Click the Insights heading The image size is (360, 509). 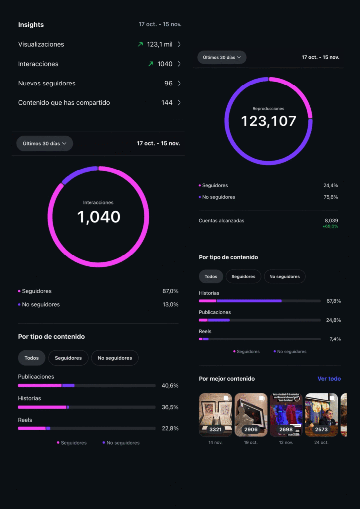point(31,25)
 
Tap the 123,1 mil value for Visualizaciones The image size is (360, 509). point(160,44)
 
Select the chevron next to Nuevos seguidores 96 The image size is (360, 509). point(179,84)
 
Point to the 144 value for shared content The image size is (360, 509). point(167,103)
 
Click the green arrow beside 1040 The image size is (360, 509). point(151,64)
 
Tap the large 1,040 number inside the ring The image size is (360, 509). point(98,217)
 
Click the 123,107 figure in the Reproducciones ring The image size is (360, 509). point(269,121)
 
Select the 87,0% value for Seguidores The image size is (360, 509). point(170,291)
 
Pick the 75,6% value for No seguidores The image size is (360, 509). point(330,197)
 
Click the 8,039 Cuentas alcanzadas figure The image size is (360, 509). point(331,220)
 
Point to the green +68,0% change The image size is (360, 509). point(330,226)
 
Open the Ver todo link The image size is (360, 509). point(329,379)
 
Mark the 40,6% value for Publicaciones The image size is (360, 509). point(170,385)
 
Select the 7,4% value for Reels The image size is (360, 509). point(335,339)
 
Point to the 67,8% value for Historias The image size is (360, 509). point(333,301)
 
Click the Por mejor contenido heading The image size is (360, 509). point(227,379)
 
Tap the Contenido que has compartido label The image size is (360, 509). point(64,103)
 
